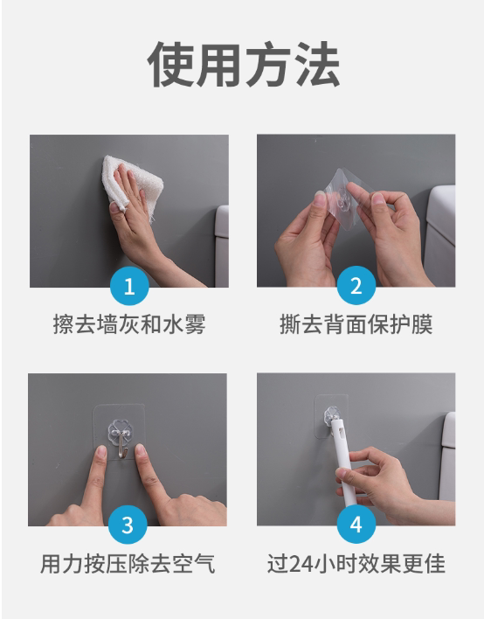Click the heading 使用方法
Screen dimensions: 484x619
pos(244,64)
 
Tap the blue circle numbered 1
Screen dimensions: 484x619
pos(129,286)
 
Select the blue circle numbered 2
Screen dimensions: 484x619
pos(356,285)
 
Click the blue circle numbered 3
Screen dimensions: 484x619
pos(128,525)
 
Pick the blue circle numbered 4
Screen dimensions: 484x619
pos(356,525)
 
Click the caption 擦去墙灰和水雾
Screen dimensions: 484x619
pos(129,324)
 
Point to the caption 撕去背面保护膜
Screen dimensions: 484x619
pos(356,324)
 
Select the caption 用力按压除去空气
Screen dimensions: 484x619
pos(128,563)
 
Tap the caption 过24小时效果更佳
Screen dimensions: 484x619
pos(356,563)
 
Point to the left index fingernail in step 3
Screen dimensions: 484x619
pos(101,452)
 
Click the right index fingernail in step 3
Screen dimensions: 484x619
pos(140,449)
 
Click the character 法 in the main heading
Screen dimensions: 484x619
pos(316,64)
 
